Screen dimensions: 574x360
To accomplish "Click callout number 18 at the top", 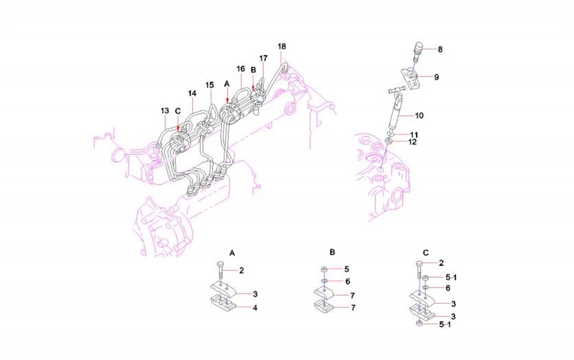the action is [282, 47].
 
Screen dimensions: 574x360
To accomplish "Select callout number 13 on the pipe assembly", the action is [165, 110].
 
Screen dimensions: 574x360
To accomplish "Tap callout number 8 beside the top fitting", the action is [440, 49].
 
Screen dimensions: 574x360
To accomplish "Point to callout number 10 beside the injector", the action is [419, 115].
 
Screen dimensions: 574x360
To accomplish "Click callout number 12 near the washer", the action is [412, 142].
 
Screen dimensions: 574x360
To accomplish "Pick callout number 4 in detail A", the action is [255, 308].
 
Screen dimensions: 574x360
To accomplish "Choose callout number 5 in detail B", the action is [347, 269].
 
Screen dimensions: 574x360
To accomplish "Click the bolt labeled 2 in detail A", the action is [220, 270].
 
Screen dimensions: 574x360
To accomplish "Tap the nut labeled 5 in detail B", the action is [324, 270].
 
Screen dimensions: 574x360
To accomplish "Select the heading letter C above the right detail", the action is [426, 253].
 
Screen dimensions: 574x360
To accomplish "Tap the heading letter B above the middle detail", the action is [332, 252].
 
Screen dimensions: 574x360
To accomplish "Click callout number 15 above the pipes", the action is [209, 85].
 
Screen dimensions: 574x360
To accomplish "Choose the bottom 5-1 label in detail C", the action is [445, 324].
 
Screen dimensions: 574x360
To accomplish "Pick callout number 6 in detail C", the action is [448, 289].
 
